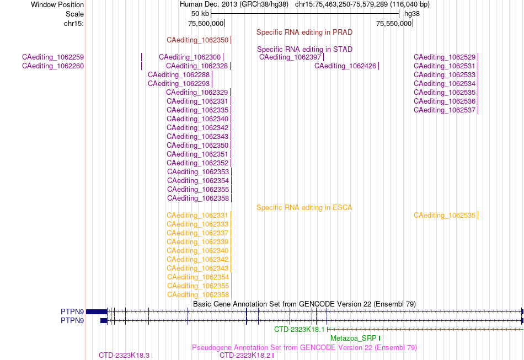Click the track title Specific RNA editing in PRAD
coord(304,33)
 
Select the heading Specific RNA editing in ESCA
coord(304,208)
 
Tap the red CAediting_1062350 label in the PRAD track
coord(197,40)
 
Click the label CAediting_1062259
coord(53,57)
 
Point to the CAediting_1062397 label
coord(290,57)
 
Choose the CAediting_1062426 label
coord(345,66)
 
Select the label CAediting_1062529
coord(445,57)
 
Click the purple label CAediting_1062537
coord(445,110)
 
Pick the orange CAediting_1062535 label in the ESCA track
coord(445,216)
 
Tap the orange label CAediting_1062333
coord(197,224)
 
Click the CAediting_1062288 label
coord(179,75)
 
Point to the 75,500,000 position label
coord(206,23)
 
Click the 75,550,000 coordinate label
coord(394,23)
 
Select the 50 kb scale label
coord(200,14)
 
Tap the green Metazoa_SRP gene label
coord(353,338)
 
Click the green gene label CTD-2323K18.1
coord(300,330)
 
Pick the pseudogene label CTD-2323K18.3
coord(124,356)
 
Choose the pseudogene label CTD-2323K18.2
coord(245,356)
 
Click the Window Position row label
coord(57,4)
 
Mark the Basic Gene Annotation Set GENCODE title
coord(304,304)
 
